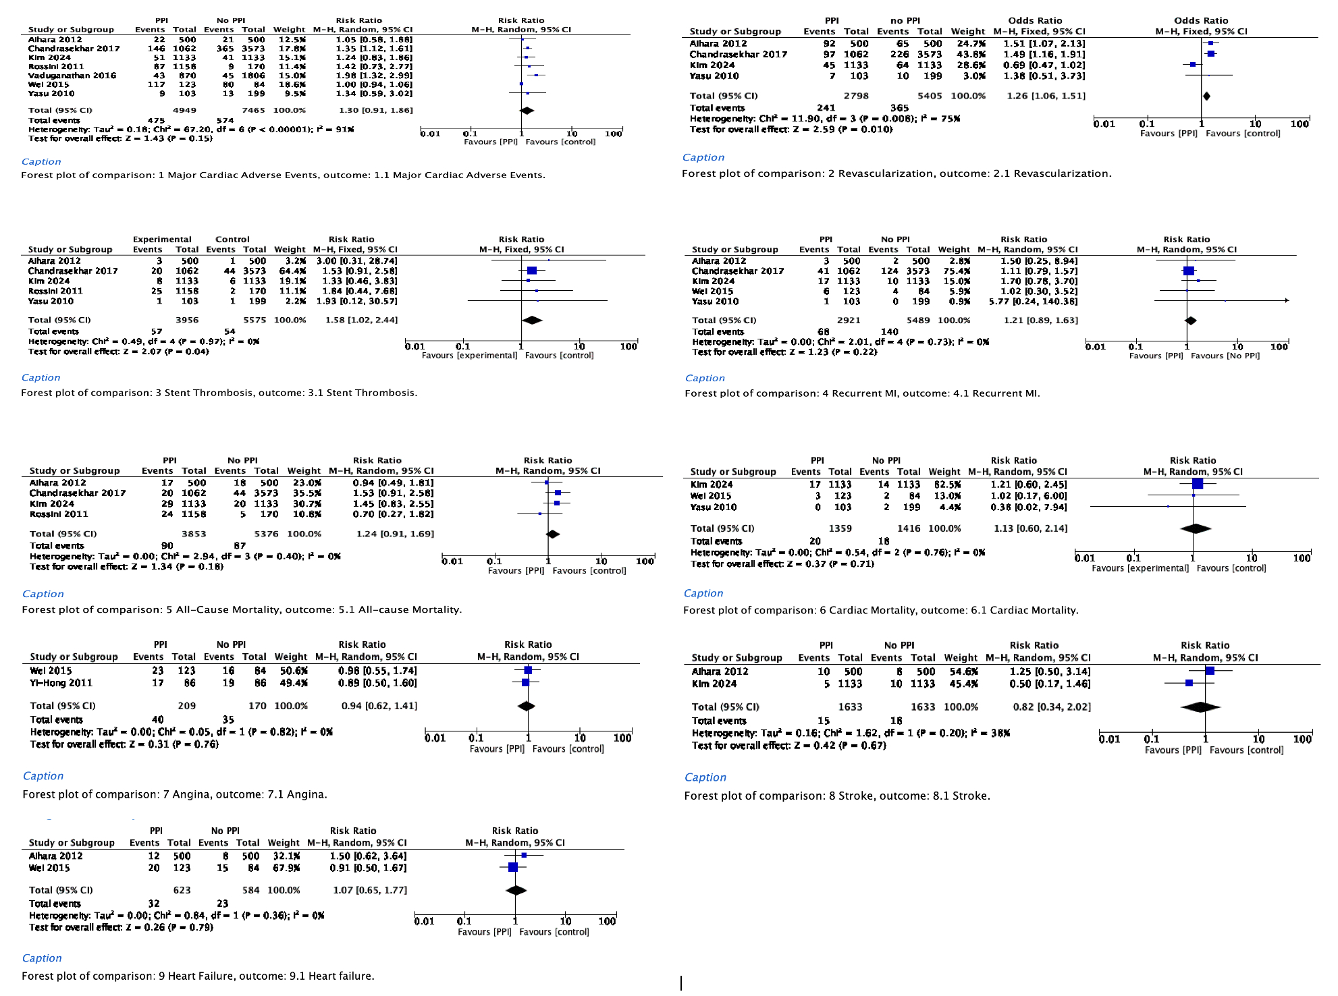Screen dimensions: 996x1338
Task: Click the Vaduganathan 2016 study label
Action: tap(72, 76)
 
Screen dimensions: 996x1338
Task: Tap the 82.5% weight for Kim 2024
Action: tap(944, 485)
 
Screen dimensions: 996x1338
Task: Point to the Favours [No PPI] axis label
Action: tap(1225, 356)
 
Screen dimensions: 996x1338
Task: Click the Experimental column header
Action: tap(162, 240)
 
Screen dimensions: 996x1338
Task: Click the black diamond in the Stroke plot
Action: tap(1200, 707)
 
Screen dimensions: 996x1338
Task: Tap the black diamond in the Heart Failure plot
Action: tap(516, 890)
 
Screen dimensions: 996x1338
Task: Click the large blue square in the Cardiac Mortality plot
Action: tap(1198, 484)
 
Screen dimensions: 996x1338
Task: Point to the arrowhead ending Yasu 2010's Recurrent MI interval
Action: tap(1287, 301)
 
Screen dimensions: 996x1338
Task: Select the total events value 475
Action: tap(156, 120)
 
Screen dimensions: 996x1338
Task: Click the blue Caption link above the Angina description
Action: tap(43, 776)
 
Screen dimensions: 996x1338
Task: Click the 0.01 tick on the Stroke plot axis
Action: tap(1109, 739)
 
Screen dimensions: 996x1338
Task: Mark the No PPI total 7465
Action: tap(253, 110)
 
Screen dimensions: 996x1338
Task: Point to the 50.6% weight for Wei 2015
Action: tap(291, 671)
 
